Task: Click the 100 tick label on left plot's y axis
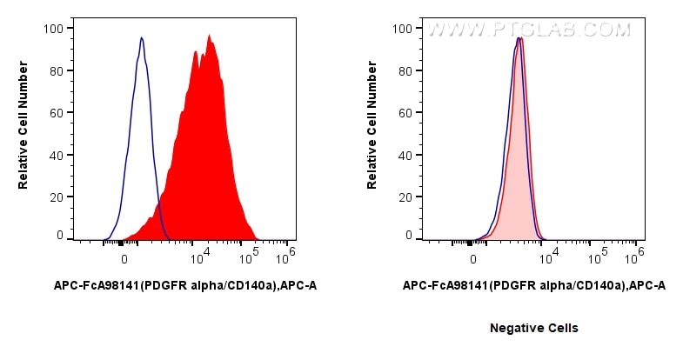coord(53,29)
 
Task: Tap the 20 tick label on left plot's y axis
coord(57,197)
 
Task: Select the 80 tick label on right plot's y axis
coord(405,70)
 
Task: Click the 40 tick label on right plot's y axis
coord(405,155)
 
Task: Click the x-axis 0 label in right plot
coord(473,258)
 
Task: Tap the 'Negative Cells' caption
coord(533,328)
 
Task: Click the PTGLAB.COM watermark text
coord(528,30)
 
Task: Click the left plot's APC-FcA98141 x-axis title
coord(179,284)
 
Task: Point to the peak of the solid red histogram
coord(210,36)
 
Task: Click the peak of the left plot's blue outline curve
coord(142,37)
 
